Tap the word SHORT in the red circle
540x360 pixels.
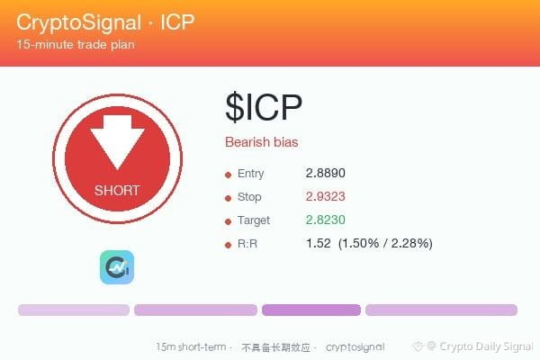coord(117,191)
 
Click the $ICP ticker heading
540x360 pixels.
coord(264,107)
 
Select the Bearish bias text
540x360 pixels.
coord(262,142)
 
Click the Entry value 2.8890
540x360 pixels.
coord(326,173)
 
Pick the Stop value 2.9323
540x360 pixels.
coord(326,196)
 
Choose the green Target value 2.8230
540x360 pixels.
coord(326,220)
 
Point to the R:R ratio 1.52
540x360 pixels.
coord(319,243)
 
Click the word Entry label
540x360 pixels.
coord(251,174)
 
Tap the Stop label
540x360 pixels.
coord(249,197)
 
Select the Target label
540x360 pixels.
coord(254,220)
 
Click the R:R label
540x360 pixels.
coord(247,244)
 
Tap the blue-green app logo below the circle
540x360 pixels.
coord(117,267)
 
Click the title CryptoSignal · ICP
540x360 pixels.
coord(105,22)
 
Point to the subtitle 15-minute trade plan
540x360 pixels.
coord(76,45)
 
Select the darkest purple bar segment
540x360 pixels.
coord(311,310)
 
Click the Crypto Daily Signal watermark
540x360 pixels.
coord(486,346)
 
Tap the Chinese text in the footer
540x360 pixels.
coord(276,347)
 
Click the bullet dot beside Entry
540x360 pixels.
coord(228,175)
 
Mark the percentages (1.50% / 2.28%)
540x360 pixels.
coord(385,244)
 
